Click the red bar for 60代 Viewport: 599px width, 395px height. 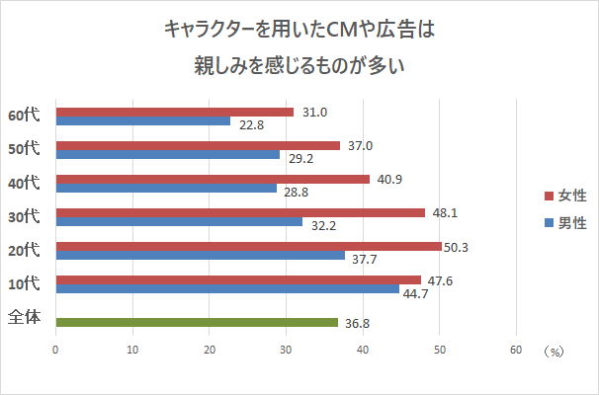click(x=175, y=112)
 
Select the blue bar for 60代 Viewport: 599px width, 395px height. click(x=143, y=121)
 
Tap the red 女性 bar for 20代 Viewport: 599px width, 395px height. click(x=249, y=246)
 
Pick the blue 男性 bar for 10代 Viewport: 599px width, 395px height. click(x=227, y=289)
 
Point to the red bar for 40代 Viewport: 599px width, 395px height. click(x=213, y=179)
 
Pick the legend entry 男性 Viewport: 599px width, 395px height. click(x=564, y=223)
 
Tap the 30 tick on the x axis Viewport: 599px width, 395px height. click(x=286, y=350)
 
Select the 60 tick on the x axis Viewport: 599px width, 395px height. click(x=515, y=350)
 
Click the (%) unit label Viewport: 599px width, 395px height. click(x=553, y=351)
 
